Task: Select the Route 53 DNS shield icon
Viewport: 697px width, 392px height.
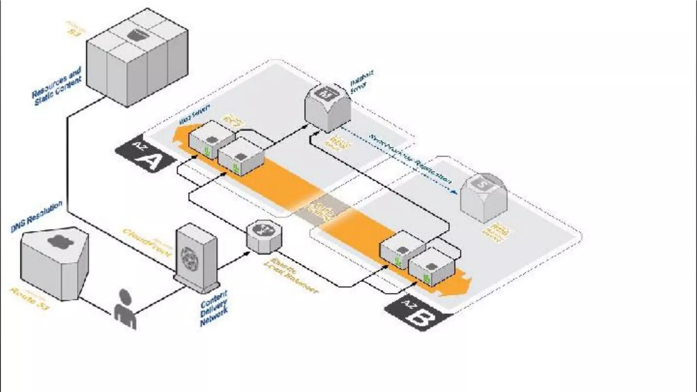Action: point(54,262)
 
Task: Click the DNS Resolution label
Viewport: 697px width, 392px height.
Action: point(37,216)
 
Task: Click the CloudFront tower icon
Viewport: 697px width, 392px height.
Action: point(196,258)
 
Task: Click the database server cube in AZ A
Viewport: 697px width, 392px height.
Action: point(327,107)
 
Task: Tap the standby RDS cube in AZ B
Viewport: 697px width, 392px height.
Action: point(484,197)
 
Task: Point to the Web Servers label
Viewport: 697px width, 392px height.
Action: point(195,114)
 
